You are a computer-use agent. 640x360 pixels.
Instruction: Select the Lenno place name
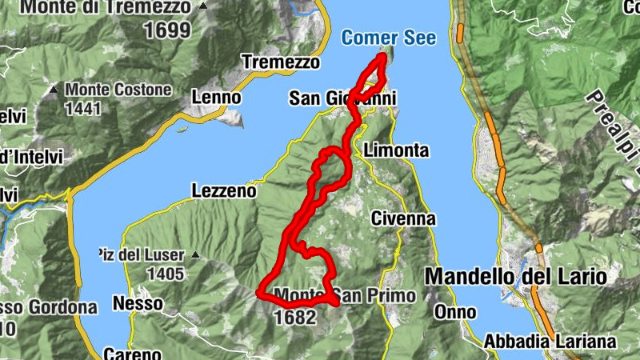216,97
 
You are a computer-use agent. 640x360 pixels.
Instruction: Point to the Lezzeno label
224,191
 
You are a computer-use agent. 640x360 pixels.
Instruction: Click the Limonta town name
396,150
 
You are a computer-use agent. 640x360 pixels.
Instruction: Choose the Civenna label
403,218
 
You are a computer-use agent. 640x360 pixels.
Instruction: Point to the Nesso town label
138,304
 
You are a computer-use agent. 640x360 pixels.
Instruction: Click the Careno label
133,353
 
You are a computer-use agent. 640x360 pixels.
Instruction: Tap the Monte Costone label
118,90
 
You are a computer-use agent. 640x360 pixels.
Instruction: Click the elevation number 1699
167,30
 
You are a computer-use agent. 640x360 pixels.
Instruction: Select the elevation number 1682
295,317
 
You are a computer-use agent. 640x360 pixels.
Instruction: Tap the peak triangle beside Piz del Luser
194,256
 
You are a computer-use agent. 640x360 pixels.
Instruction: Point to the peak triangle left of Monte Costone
53,90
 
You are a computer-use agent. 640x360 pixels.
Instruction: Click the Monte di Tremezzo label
106,8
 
